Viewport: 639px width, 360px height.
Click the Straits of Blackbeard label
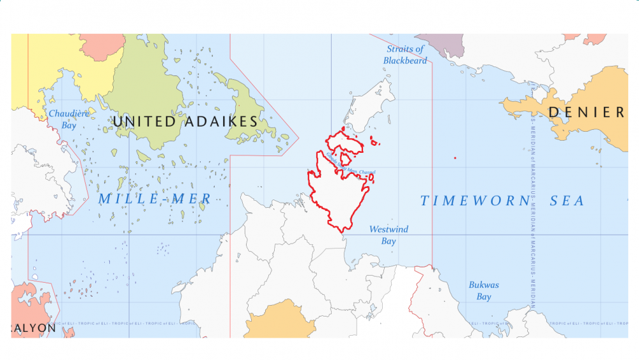pos(405,54)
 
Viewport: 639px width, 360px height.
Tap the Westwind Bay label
pos(389,235)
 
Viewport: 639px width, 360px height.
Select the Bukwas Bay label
pos(484,291)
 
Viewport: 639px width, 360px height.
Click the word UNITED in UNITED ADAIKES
pos(144,121)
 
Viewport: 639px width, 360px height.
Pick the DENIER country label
pos(586,113)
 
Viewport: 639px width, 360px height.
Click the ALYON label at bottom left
pos(33,327)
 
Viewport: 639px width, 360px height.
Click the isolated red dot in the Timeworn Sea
pos(454,158)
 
